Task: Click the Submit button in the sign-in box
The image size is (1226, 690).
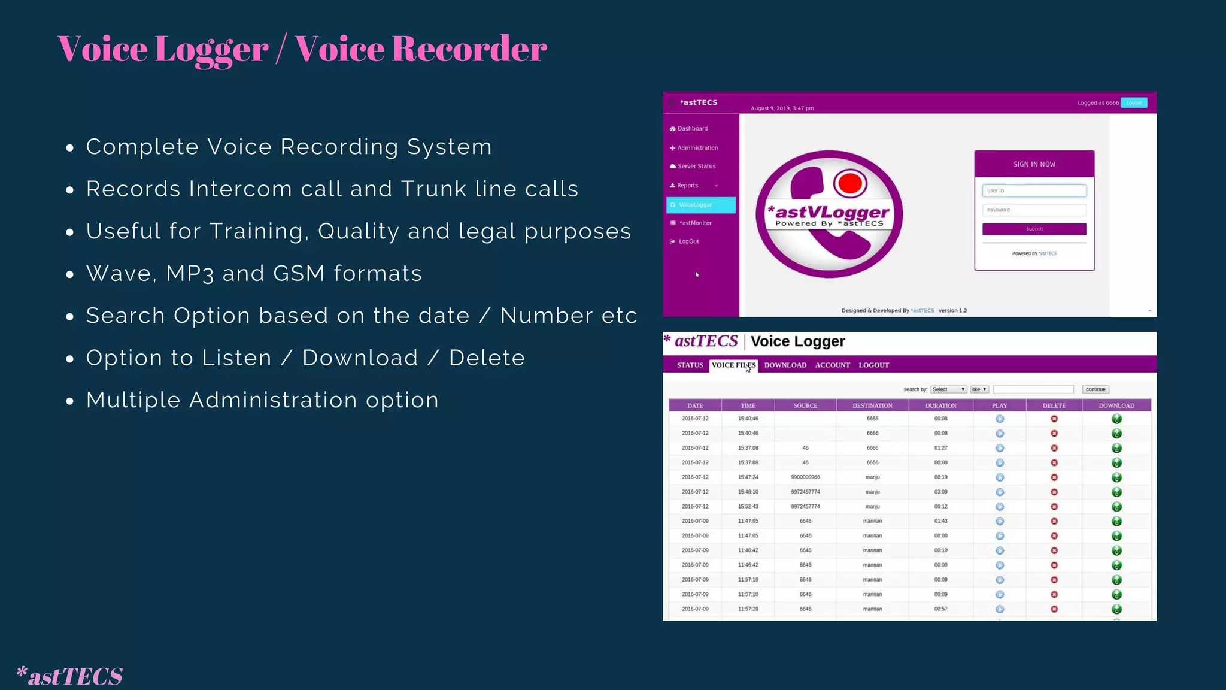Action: pos(1034,229)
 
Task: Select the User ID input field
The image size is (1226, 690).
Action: pos(1034,190)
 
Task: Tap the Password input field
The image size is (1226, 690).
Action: pos(1034,210)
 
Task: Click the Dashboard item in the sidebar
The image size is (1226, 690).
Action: pos(692,129)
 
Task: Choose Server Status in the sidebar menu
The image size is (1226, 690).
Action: pos(696,166)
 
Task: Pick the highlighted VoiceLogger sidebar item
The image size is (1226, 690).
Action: pos(700,205)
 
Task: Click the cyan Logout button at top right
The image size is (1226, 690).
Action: pos(1133,102)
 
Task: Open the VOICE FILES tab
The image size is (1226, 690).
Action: pos(733,365)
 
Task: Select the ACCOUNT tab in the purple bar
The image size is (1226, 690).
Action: pos(832,365)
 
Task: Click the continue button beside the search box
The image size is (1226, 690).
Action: pos(1095,389)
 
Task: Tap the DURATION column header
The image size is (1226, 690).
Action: pos(940,405)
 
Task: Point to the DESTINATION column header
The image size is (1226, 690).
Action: pos(872,405)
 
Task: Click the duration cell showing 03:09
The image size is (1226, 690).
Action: pos(940,492)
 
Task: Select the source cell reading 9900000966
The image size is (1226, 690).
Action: pos(805,477)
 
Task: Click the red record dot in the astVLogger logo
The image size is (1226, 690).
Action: pos(849,183)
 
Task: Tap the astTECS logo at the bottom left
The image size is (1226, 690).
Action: pos(69,676)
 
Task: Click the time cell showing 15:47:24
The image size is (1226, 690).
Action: pos(748,477)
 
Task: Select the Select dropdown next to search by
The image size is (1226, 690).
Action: pos(948,389)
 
